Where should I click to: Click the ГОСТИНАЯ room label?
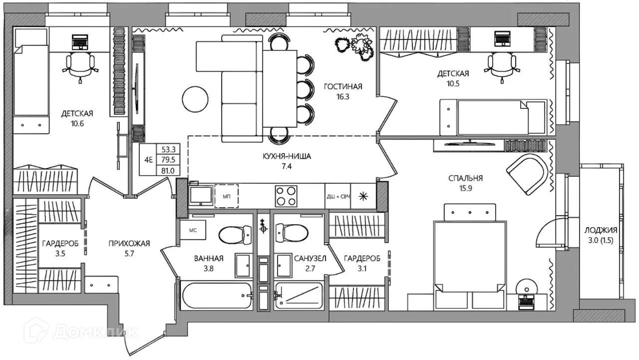click(x=343, y=86)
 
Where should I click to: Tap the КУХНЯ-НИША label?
click(x=287, y=156)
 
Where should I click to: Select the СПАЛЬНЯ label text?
click(x=466, y=178)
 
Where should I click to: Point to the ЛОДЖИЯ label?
click(x=601, y=230)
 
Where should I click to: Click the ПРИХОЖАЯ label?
click(x=129, y=243)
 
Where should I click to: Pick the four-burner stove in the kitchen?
click(x=286, y=196)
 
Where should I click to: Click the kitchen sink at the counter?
click(x=201, y=196)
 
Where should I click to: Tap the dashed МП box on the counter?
click(x=227, y=196)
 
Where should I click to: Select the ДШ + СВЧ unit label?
click(x=338, y=197)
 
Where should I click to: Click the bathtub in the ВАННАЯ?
click(x=217, y=296)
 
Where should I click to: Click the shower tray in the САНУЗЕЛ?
click(x=299, y=296)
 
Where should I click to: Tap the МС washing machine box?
click(x=193, y=230)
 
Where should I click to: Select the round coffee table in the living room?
click(x=195, y=99)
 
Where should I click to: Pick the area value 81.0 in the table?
click(x=168, y=171)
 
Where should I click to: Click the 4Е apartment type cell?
click(x=148, y=160)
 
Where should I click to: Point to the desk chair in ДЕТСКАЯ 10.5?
click(x=502, y=66)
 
